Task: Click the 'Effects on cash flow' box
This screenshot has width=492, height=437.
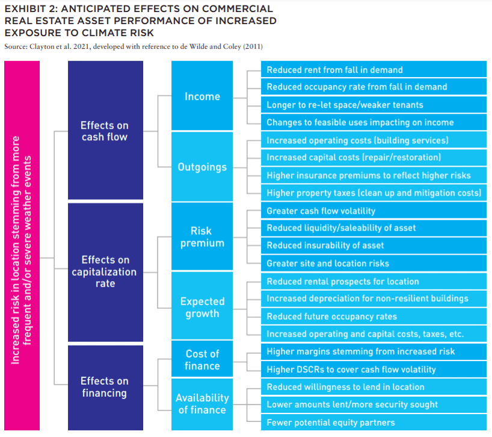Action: (105, 130)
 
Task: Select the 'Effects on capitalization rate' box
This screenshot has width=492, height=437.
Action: (105, 272)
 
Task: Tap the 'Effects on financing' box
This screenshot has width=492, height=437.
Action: (105, 388)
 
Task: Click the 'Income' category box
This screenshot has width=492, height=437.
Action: (202, 96)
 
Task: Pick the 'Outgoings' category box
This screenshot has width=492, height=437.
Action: (202, 166)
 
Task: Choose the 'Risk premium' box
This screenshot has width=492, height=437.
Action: (202, 237)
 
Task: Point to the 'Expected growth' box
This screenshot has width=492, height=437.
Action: (202, 305)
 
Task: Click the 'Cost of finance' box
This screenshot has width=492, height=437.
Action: (202, 359)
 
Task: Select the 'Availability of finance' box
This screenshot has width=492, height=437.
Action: (202, 404)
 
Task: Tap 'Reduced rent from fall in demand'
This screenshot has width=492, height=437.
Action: (374, 69)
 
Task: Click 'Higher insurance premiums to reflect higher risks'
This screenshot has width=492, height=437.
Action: (374, 175)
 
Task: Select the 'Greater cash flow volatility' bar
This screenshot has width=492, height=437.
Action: (374, 211)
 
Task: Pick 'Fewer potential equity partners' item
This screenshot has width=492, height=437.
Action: (374, 422)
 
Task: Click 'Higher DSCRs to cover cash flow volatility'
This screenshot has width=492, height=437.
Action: (374, 369)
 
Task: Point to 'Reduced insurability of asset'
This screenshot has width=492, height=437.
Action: (374, 245)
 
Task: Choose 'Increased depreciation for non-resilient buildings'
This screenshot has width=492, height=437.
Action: (374, 298)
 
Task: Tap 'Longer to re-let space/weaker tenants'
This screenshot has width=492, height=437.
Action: (374, 105)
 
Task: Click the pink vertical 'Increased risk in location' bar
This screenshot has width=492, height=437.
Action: (22, 246)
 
